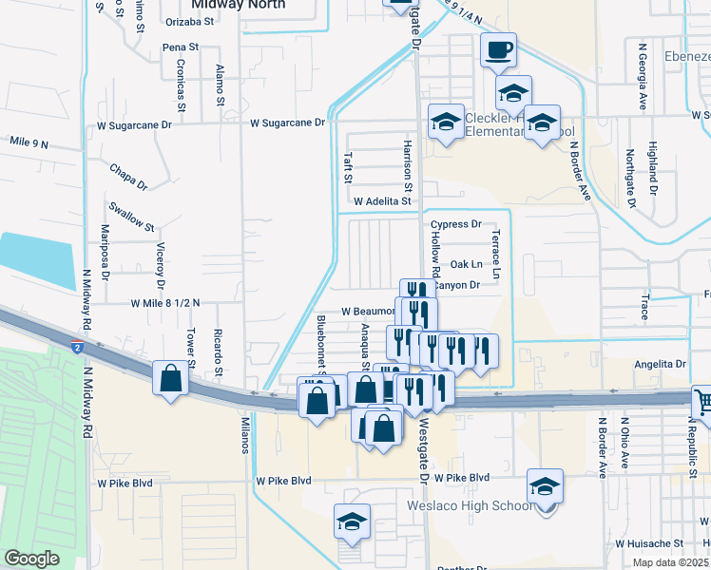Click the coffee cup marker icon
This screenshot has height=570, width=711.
coord(497,50)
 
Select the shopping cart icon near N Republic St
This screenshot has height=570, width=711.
coord(703,401)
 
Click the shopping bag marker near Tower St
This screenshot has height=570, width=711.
coord(170,377)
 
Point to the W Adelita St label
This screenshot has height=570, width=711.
coord(382,201)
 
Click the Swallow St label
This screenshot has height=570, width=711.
coord(131,217)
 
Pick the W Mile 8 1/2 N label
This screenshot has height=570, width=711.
coord(165,303)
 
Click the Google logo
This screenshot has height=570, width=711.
coord(31,559)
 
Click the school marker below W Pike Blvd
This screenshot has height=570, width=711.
coord(352,522)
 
